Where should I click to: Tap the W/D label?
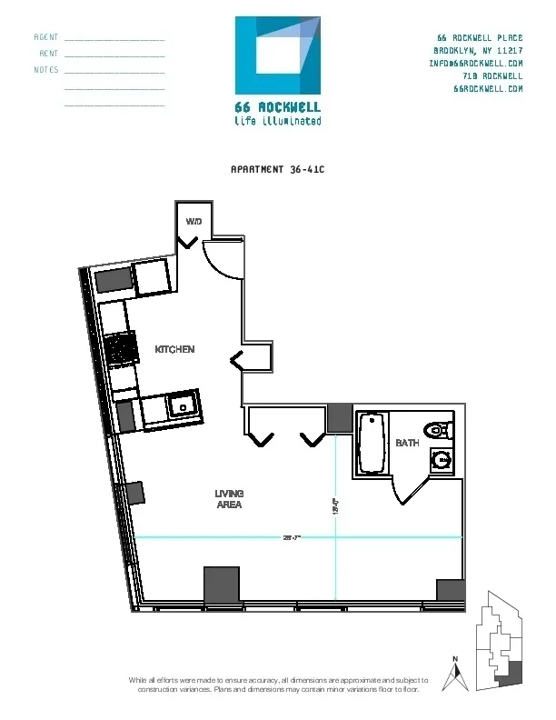194,222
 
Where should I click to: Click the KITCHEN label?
174,350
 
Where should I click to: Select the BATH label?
407,443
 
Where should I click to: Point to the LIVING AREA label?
229,498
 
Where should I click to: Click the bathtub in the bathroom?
372,443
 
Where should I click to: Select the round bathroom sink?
442,461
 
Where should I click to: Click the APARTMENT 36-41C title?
277,169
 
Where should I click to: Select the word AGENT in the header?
46,37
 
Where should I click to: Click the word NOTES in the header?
46,70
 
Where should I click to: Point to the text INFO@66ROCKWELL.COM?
475,64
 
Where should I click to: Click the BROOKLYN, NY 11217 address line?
478,50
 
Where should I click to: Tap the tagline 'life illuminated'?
277,120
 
